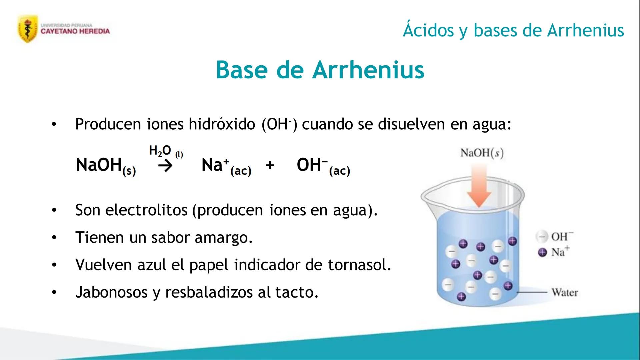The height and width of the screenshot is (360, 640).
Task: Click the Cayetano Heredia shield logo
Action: (28, 29)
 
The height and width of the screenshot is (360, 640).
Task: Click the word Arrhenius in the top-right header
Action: (586, 30)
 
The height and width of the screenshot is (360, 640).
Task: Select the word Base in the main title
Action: (242, 70)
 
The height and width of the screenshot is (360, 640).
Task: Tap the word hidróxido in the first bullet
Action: (222, 124)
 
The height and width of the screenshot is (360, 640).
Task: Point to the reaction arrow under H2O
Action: (165, 165)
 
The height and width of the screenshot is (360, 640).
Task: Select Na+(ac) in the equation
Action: (226, 166)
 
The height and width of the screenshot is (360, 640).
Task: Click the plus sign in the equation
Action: (270, 165)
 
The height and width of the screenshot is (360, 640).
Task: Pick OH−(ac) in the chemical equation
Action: (323, 166)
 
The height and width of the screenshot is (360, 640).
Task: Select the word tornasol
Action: (359, 265)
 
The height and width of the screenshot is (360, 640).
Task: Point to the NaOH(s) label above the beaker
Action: (482, 153)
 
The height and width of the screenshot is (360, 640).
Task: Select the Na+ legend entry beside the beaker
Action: (554, 252)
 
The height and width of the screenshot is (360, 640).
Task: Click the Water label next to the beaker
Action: (565, 292)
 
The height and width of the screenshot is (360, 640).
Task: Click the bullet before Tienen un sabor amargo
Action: (54, 238)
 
